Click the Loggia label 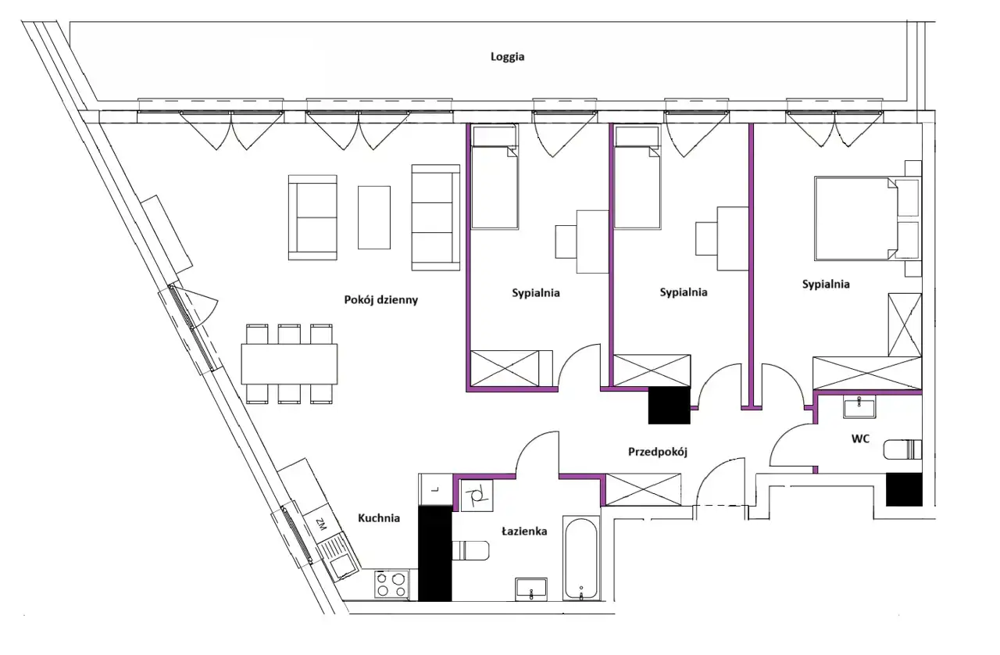point(507,57)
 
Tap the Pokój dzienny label point(380,300)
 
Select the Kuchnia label point(379,518)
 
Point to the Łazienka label point(524,532)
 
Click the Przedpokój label point(658,452)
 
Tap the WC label point(860,438)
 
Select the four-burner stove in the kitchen point(391,584)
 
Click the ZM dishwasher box point(320,524)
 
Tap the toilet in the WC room point(902,449)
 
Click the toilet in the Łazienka point(470,550)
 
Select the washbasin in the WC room point(859,406)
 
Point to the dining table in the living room point(289,363)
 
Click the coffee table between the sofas point(374,217)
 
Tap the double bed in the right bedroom point(855,218)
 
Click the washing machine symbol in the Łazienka point(477,495)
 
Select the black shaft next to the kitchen point(435,553)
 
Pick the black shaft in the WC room point(904,489)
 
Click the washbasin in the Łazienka point(530,589)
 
